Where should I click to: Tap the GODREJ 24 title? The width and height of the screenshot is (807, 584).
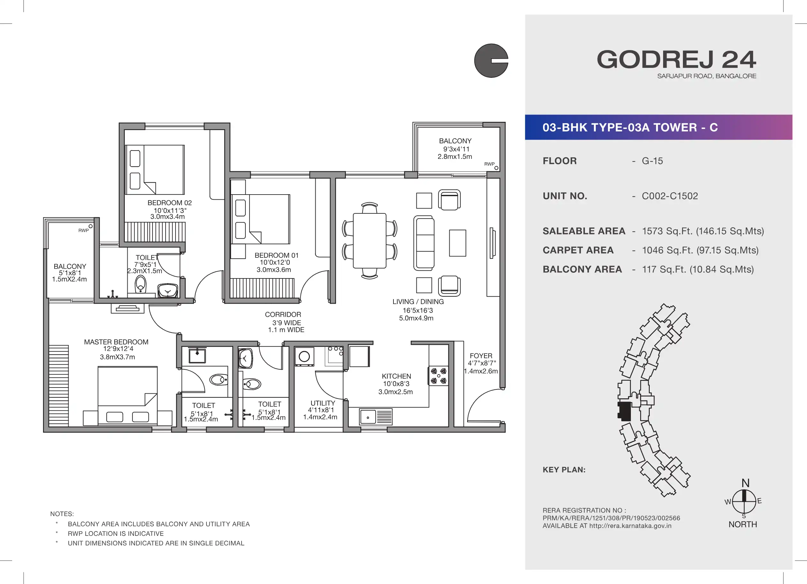(676, 59)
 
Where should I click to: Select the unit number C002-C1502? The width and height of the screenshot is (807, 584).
(670, 196)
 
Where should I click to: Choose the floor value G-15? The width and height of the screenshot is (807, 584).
(652, 161)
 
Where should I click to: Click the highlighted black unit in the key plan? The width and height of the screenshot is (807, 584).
(624, 411)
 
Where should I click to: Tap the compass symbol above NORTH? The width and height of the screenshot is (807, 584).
(744, 501)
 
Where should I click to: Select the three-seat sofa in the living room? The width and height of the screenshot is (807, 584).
(424, 243)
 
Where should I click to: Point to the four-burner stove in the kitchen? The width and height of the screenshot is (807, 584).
(438, 376)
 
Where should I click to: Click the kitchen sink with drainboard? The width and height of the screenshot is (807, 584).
(376, 417)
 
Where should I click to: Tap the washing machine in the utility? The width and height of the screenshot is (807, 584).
(304, 356)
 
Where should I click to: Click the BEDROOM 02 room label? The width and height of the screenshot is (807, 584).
(169, 203)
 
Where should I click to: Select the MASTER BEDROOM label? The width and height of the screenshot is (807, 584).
(116, 342)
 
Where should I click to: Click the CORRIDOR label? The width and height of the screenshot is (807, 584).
(283, 314)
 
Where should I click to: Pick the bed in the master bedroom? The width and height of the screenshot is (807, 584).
(127, 396)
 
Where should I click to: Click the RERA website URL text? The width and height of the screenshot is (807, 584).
(630, 526)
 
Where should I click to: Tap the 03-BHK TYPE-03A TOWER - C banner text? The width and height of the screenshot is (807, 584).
(630, 127)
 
